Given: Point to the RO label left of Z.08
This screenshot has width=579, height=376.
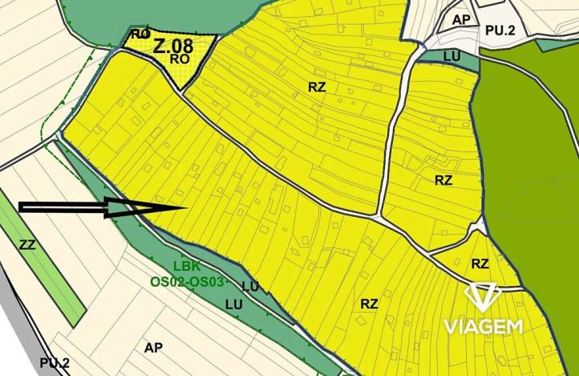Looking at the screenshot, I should (x=140, y=34).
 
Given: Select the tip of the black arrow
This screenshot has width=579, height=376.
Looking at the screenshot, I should (x=185, y=208).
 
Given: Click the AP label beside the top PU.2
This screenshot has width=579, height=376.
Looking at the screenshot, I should (x=461, y=20).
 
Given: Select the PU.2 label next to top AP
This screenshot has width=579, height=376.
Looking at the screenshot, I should (x=499, y=31).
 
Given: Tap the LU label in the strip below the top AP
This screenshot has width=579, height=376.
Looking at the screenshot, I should (x=451, y=55).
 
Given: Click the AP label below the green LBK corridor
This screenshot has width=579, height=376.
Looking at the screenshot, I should (x=153, y=348).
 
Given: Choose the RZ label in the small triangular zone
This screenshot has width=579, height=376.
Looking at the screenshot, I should (x=480, y=264).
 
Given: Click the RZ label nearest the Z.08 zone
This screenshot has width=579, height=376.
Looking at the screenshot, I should (x=318, y=87).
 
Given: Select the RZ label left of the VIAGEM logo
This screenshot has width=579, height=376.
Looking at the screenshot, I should (x=369, y=304).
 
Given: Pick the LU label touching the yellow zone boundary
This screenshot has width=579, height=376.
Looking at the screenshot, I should (x=249, y=287).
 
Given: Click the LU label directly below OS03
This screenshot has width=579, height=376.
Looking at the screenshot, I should (x=233, y=304).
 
